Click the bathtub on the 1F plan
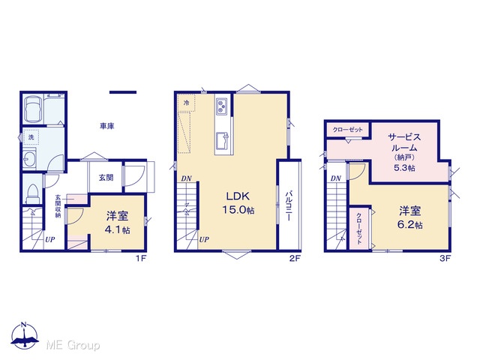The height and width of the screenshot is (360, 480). pyautogui.click(x=33, y=109)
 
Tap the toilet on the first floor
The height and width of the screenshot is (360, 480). pyautogui.click(x=32, y=194)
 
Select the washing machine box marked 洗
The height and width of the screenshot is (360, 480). pyautogui.click(x=31, y=137)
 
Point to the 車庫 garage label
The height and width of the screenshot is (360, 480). pyautogui.click(x=106, y=126)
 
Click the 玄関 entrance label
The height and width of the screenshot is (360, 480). pyautogui.click(x=106, y=178)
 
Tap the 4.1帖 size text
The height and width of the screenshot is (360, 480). pyautogui.click(x=117, y=230)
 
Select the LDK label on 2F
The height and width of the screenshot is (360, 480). pyautogui.click(x=238, y=196)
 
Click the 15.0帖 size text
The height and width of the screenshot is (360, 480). pyautogui.click(x=238, y=210)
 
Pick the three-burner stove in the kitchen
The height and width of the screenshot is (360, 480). pyautogui.click(x=221, y=106)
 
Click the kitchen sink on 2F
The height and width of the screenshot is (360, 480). pyautogui.click(x=222, y=140)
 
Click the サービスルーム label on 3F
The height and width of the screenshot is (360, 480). pyautogui.click(x=404, y=142)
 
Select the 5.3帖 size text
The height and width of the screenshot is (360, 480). pyautogui.click(x=404, y=168)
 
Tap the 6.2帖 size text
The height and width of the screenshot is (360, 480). pyautogui.click(x=410, y=225)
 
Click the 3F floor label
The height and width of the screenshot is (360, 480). pyautogui.click(x=445, y=259)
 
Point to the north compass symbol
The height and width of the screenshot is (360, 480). pyautogui.click(x=25, y=336)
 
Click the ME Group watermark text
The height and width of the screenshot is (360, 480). pyautogui.click(x=73, y=346)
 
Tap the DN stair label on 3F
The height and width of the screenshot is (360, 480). pyautogui.click(x=336, y=178)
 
